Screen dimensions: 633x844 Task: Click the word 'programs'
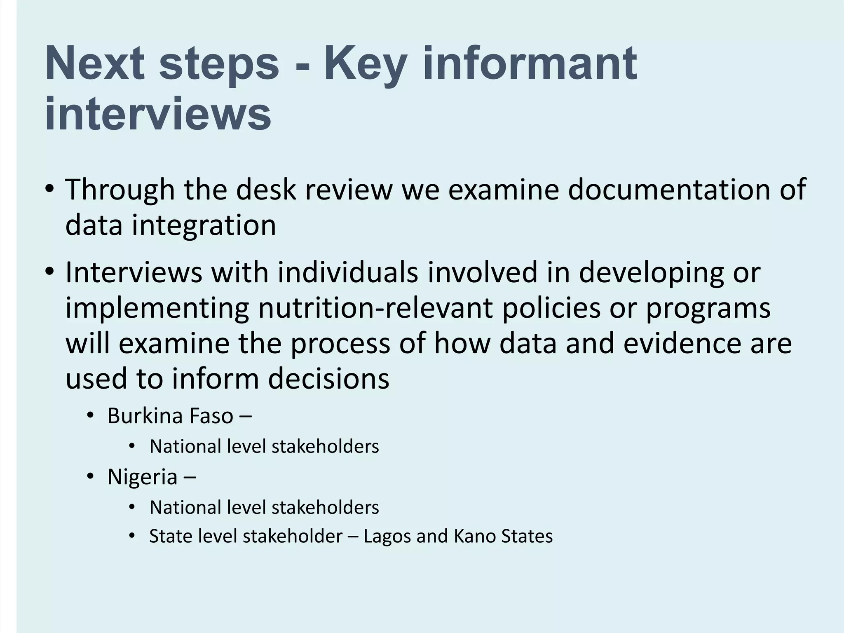click(708, 308)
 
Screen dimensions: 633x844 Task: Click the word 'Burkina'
click(139, 415)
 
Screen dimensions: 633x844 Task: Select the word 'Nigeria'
click(142, 477)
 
